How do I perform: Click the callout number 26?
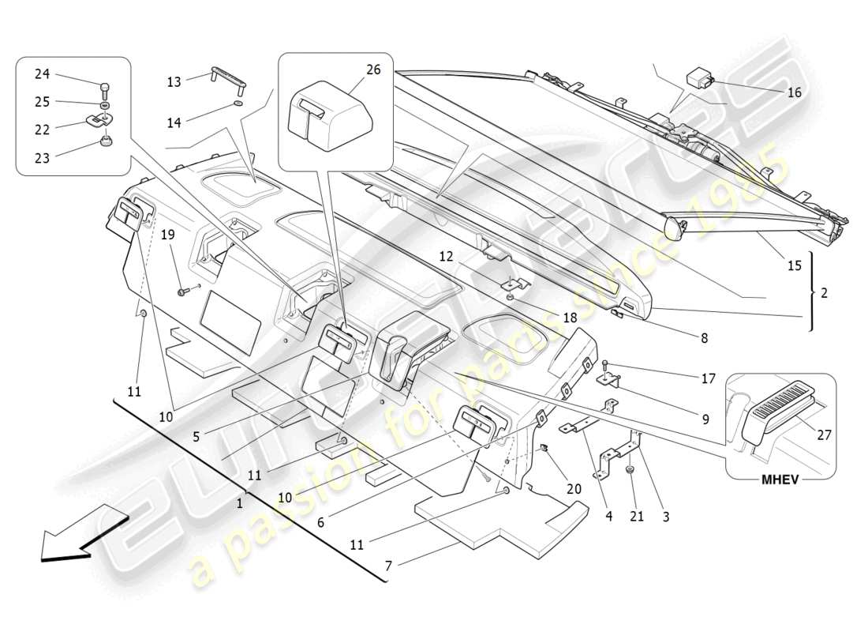click(373, 70)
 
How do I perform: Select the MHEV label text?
click(781, 480)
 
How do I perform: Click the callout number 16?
click(794, 92)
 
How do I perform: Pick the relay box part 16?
click(699, 77)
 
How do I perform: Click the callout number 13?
click(174, 81)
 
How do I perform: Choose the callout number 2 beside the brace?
click(824, 292)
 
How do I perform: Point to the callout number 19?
click(168, 235)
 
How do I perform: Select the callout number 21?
click(637, 517)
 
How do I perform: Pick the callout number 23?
click(42, 158)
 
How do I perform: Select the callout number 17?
click(708, 378)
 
